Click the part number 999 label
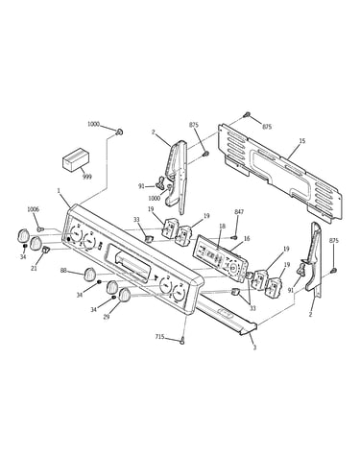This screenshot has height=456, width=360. [x=86, y=177]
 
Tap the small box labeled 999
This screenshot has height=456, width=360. [x=76, y=158]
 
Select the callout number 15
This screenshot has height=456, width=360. [x=302, y=140]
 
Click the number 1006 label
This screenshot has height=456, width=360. [x=33, y=209]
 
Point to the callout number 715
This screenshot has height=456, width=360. [x=159, y=336]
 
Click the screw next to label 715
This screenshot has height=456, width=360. [x=182, y=341]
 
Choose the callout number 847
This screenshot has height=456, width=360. [x=239, y=211]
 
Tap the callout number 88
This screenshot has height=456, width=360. [x=63, y=271]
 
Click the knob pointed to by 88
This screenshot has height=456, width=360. [x=89, y=275]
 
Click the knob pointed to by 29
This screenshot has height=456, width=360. [x=124, y=295]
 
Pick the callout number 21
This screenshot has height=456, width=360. [x=34, y=269]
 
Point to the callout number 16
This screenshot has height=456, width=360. [x=247, y=238]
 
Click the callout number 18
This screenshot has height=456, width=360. [x=223, y=227]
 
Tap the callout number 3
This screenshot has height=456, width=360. [x=254, y=348]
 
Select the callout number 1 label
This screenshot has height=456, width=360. [x=59, y=191]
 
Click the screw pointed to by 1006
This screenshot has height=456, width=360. [x=40, y=229]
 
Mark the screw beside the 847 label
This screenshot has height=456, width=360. [x=234, y=238]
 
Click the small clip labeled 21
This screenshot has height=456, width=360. [x=45, y=249]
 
